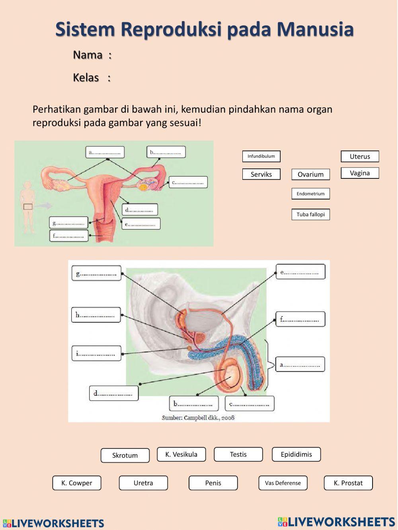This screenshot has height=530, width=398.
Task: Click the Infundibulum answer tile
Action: [x=261, y=156]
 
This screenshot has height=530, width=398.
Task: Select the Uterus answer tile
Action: [x=360, y=156]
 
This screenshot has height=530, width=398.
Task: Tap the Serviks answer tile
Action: [x=261, y=174]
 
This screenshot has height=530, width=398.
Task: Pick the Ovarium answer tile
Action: [x=310, y=174]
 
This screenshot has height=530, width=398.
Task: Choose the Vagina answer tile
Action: [x=360, y=173]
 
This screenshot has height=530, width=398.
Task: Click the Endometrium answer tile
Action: [x=310, y=194]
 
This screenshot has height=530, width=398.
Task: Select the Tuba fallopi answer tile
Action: [x=310, y=215]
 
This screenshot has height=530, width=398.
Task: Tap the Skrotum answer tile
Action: [x=125, y=456]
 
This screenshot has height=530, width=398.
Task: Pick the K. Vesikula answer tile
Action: [x=181, y=454]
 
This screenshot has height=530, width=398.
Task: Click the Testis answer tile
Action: [x=238, y=454]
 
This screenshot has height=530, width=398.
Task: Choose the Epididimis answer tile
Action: [x=296, y=454]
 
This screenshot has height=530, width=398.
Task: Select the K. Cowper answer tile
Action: [x=76, y=483]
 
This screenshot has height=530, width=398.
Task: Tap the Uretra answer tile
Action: [x=143, y=483]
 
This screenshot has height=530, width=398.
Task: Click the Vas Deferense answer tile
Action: [x=283, y=483]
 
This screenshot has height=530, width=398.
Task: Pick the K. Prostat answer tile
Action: [x=348, y=483]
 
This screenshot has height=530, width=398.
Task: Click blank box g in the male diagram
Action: [x=96, y=274]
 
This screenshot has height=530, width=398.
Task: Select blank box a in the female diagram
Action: [x=105, y=152]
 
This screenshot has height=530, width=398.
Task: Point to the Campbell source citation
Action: [x=198, y=418]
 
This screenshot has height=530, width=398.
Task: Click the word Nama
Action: [x=88, y=55]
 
